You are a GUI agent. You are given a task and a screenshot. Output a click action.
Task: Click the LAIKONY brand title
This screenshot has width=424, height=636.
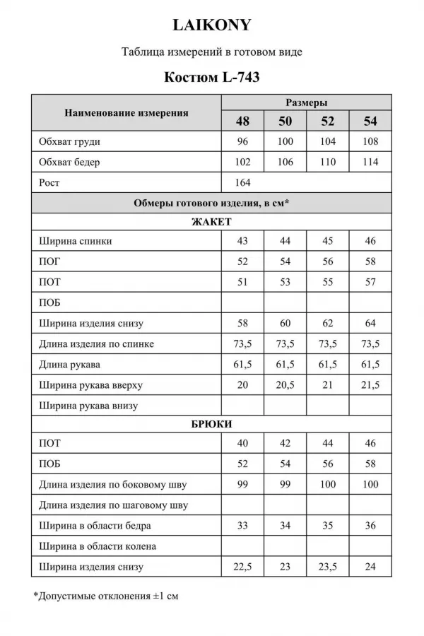tap(211, 25)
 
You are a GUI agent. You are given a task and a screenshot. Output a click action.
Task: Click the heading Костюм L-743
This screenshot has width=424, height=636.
tap(211, 77)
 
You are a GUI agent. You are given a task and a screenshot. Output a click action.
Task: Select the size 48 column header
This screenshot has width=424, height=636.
tap(242, 121)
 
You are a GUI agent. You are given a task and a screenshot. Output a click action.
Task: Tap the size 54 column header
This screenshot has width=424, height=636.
tap(370, 121)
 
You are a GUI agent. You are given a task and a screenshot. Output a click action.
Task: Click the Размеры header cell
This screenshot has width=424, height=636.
tap(306, 102)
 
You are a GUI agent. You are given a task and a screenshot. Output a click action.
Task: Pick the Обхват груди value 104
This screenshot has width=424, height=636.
tap(328, 141)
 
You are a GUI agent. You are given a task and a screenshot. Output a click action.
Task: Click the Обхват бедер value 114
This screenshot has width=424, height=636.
tap(370, 162)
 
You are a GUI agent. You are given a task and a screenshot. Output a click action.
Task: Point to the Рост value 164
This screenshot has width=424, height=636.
tap(242, 182)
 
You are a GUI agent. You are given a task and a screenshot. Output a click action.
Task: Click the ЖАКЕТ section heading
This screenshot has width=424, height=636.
tap(211, 221)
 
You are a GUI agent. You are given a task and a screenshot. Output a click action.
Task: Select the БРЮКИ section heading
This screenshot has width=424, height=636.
tap(211, 424)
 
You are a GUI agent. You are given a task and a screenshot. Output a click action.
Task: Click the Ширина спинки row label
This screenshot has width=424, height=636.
tap(77, 241)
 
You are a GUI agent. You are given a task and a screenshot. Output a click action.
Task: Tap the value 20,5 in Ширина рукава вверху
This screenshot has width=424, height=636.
tap(285, 385)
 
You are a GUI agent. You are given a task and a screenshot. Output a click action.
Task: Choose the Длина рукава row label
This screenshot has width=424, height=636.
tap(70, 365)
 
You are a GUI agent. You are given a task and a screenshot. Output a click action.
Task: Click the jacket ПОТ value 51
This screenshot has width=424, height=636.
tap(242, 282)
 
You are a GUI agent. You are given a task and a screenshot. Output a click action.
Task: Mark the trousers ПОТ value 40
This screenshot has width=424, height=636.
tap(242, 444)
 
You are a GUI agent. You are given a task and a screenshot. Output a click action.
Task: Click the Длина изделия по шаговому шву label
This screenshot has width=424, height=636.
tap(114, 505)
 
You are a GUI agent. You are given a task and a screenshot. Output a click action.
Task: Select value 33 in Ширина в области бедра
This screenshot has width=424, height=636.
tap(242, 526)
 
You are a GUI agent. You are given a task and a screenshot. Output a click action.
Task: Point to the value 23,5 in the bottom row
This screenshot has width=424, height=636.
tap(328, 567)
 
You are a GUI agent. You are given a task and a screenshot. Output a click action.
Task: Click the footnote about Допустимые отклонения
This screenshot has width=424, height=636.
tap(106, 596)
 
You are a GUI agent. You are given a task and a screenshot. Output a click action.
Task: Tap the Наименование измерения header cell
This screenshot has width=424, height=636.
tap(126, 112)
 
